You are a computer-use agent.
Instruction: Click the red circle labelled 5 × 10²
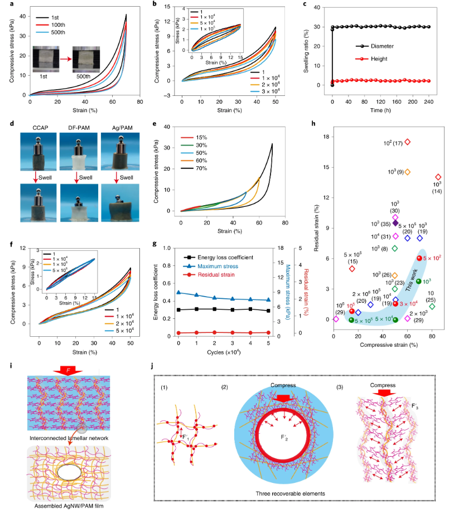point(419,258)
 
